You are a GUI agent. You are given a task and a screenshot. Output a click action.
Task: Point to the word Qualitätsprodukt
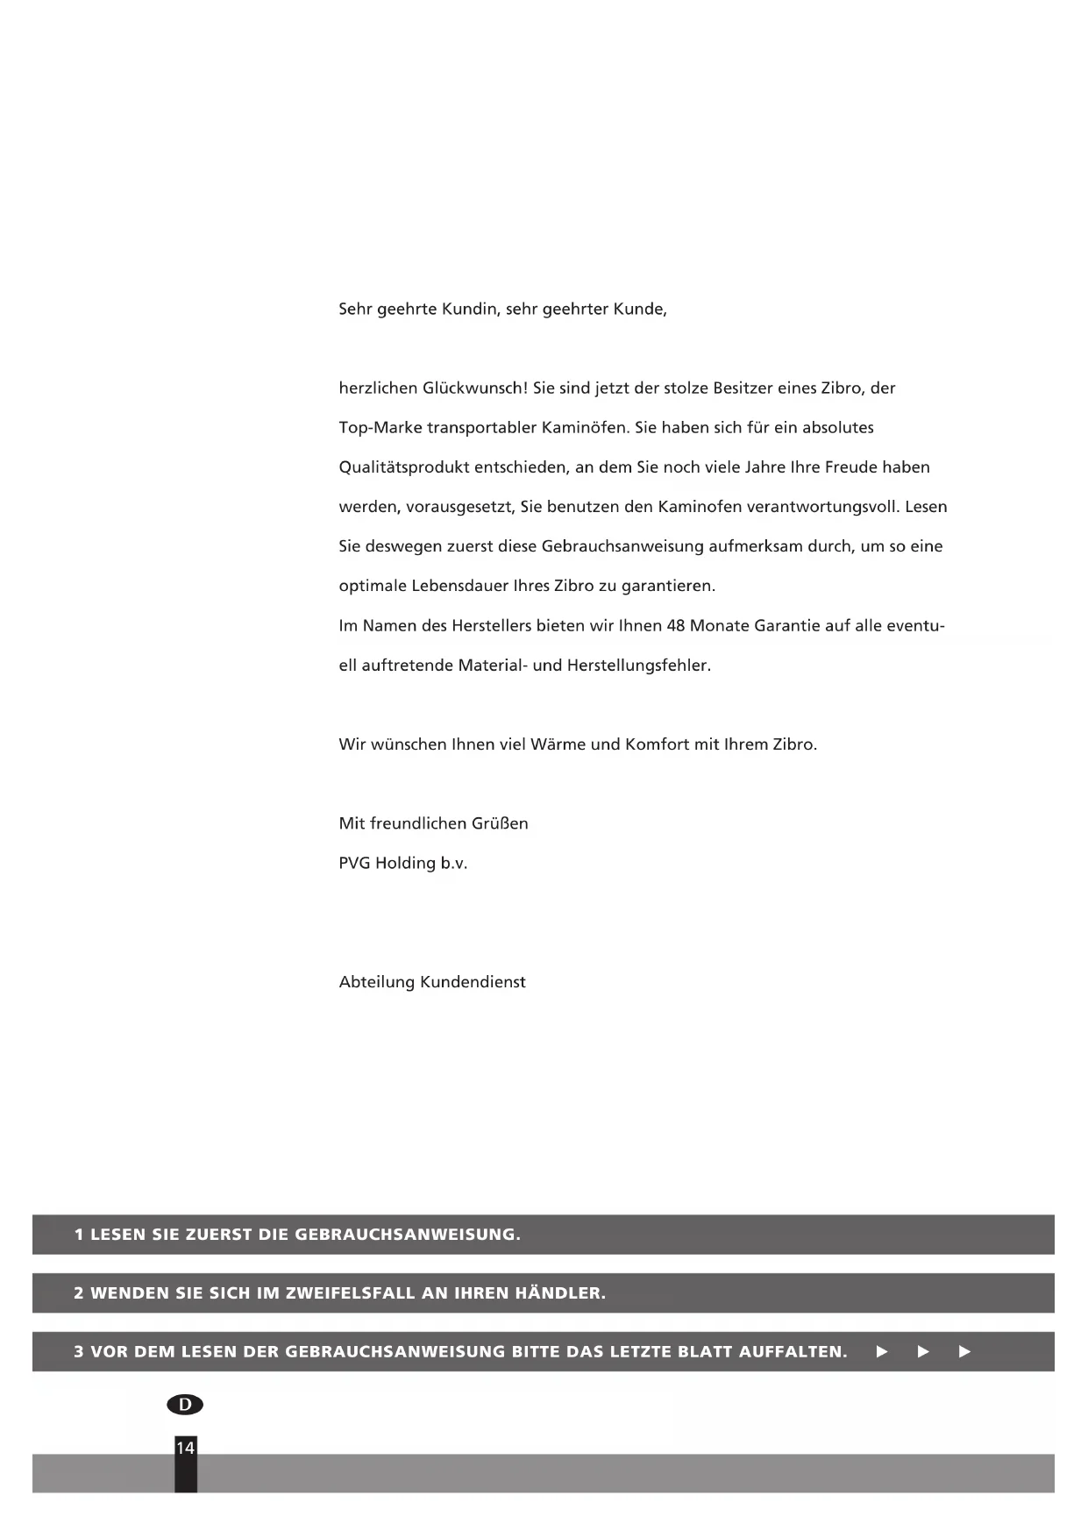pos(403,467)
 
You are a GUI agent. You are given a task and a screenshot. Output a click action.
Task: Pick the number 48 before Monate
pos(676,626)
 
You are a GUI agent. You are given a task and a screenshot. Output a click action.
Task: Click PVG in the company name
pos(354,863)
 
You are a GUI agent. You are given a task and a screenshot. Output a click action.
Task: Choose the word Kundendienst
pos(473,982)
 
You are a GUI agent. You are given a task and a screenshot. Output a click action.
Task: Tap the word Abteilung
pos(376,982)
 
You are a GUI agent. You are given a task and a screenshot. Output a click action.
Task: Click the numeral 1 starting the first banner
pos(79,1235)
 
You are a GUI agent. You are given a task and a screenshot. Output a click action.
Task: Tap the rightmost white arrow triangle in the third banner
pos(965,1352)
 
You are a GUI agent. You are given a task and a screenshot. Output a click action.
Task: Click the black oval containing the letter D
pos(185,1405)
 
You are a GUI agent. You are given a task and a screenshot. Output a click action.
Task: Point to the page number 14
pos(185,1448)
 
